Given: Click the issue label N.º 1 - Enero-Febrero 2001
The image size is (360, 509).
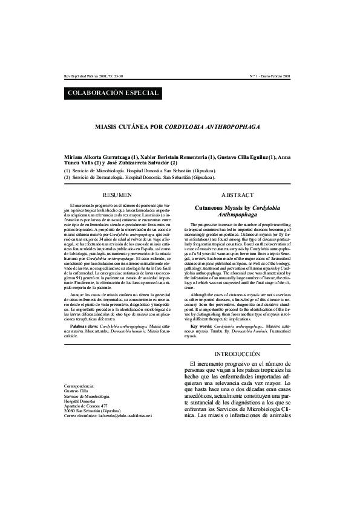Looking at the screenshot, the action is pyautogui.click(x=270, y=77).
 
